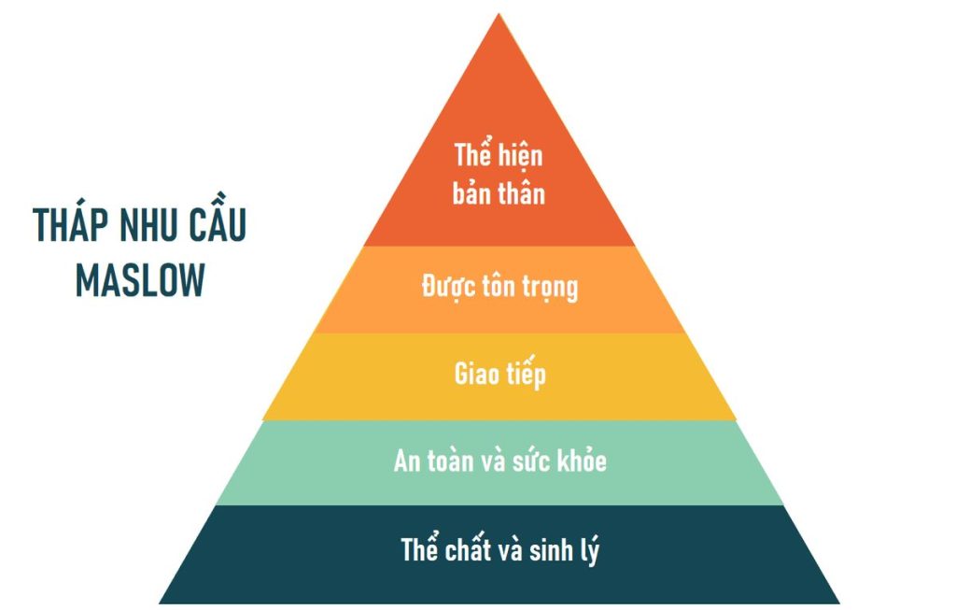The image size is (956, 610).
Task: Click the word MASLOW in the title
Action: click(140, 280)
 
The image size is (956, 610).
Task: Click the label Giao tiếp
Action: click(500, 373)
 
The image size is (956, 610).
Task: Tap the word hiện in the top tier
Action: click(518, 155)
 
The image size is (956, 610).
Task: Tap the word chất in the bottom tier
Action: click(468, 548)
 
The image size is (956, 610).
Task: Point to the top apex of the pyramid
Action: click(499, 14)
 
